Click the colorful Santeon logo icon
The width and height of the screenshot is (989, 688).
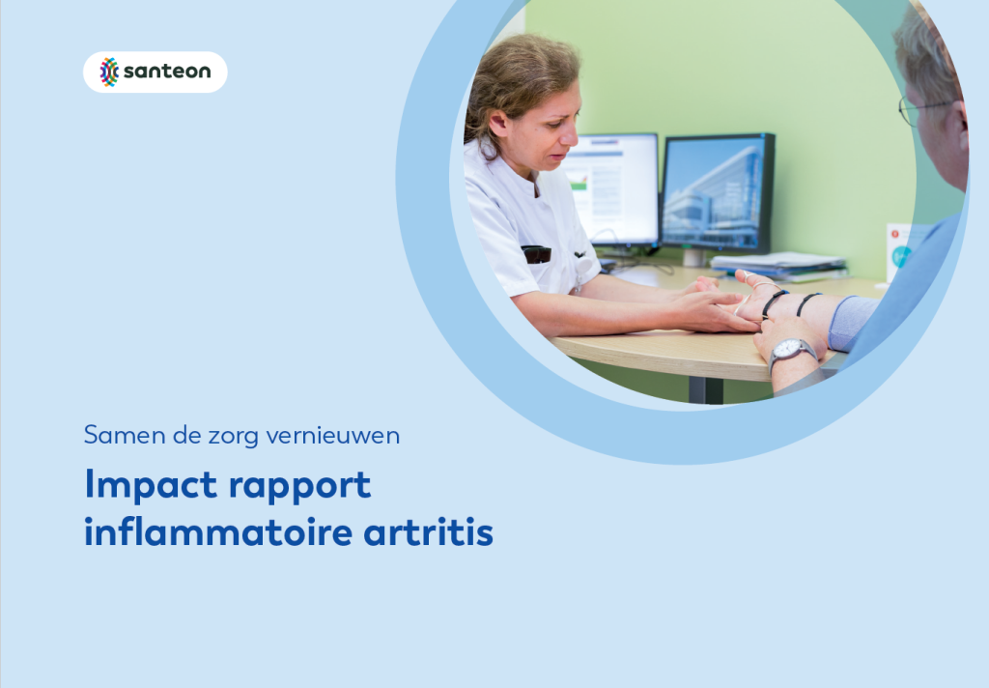click(x=109, y=72)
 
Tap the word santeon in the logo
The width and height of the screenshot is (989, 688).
click(x=167, y=72)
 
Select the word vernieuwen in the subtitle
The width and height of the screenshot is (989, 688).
click(x=332, y=436)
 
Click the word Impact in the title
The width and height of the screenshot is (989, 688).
click(x=151, y=485)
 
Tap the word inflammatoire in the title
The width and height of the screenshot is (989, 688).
click(x=218, y=531)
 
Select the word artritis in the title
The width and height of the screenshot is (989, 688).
click(x=428, y=532)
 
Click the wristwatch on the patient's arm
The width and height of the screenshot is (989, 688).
click(x=792, y=352)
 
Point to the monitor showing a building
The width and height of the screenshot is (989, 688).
click(x=718, y=192)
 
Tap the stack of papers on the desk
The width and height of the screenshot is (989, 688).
click(x=778, y=265)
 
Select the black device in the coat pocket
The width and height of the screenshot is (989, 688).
click(x=536, y=254)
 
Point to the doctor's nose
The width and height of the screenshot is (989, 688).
click(x=570, y=133)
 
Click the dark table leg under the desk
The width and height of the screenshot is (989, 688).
click(x=706, y=390)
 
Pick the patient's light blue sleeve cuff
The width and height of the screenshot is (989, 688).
click(x=852, y=322)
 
